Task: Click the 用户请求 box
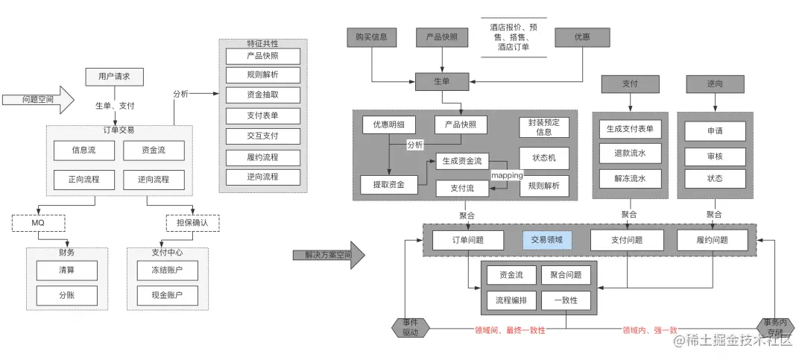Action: pyautogui.click(x=114, y=77)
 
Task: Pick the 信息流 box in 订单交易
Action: pyautogui.click(x=84, y=151)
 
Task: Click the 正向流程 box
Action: pyautogui.click(x=84, y=180)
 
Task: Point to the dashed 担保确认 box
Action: pyautogui.click(x=192, y=223)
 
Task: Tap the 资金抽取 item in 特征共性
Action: pyautogui.click(x=262, y=95)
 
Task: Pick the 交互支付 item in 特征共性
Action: pyautogui.click(x=262, y=136)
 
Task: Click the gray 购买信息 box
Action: pyautogui.click(x=372, y=37)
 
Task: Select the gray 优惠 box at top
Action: pyautogui.click(x=581, y=37)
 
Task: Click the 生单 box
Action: pyautogui.click(x=442, y=81)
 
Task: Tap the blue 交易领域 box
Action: pyautogui.click(x=547, y=240)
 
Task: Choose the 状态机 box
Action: pyautogui.click(x=544, y=158)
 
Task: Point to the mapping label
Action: pyautogui.click(x=507, y=175)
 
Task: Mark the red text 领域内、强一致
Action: pyautogui.click(x=650, y=329)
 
